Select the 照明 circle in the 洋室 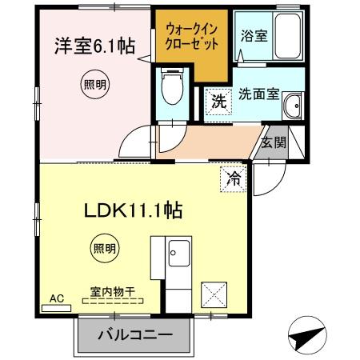[94, 83]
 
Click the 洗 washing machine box [217, 102]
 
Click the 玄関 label [273, 143]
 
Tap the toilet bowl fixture [170, 88]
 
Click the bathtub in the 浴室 [286, 38]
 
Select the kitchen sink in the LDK [176, 257]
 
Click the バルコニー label [135, 334]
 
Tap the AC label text [56, 298]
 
